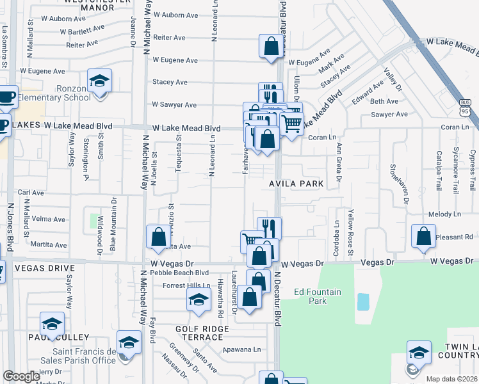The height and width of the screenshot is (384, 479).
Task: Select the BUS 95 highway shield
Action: [x=466, y=108]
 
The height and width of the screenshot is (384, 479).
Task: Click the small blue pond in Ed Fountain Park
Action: [x=363, y=301]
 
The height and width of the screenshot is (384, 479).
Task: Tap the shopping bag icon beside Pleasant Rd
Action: [x=423, y=237]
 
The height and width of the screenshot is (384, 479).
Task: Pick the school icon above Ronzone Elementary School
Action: [x=99, y=81]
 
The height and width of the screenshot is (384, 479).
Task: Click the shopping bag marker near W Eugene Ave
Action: [x=271, y=46]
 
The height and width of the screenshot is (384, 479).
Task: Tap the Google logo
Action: [x=21, y=376]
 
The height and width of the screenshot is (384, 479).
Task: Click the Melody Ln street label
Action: [x=440, y=215]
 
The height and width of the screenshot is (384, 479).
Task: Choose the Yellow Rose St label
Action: [x=351, y=228]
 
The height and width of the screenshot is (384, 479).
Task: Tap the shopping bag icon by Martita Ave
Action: [x=158, y=237]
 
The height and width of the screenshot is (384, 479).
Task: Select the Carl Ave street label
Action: [x=31, y=192]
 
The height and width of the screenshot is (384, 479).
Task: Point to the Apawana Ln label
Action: [x=243, y=349]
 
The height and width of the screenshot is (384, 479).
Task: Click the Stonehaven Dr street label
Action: [x=405, y=183]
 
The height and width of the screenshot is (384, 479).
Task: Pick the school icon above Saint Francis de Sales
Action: [x=129, y=343]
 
